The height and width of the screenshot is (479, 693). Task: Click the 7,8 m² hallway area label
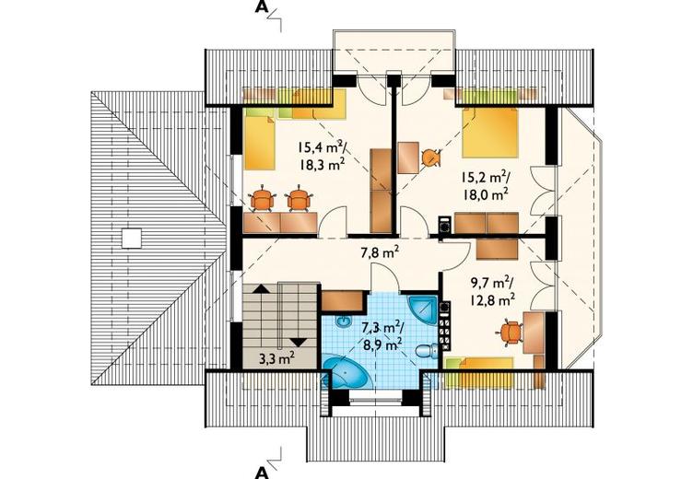coord(380,252)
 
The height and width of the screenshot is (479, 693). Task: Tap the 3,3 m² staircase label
coord(277,358)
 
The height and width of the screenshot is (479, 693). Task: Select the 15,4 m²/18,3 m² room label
coord(322,155)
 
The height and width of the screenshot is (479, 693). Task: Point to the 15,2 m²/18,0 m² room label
coord(485,186)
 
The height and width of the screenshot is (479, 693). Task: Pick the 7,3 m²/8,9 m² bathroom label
coord(382,335)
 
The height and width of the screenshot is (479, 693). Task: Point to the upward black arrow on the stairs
coord(261,289)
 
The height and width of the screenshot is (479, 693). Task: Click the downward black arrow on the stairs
coord(299,342)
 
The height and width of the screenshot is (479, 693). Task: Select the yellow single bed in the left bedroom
coord(260,139)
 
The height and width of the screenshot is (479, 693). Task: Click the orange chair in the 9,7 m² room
coord(511,333)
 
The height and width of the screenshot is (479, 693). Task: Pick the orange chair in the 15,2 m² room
coord(430,158)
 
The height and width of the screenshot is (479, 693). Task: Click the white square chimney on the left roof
coord(131,239)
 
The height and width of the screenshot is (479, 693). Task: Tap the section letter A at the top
coord(262,8)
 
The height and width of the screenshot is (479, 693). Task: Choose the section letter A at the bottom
coord(262,473)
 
